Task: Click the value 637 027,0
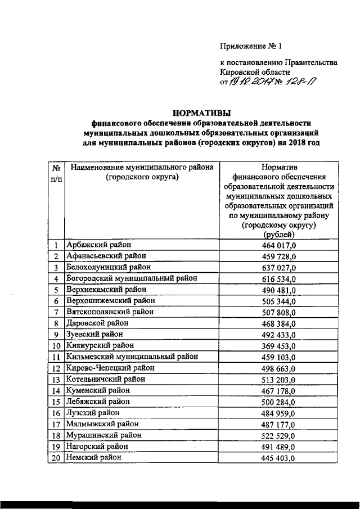(277, 267)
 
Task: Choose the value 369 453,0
(277, 345)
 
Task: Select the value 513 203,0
(277, 379)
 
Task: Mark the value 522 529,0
(277, 435)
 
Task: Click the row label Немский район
(93, 457)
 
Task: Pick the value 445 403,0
(277, 458)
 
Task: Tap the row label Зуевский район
(95, 334)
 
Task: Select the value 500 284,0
(277, 402)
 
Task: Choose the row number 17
(56, 424)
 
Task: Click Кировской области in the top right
(255, 72)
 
